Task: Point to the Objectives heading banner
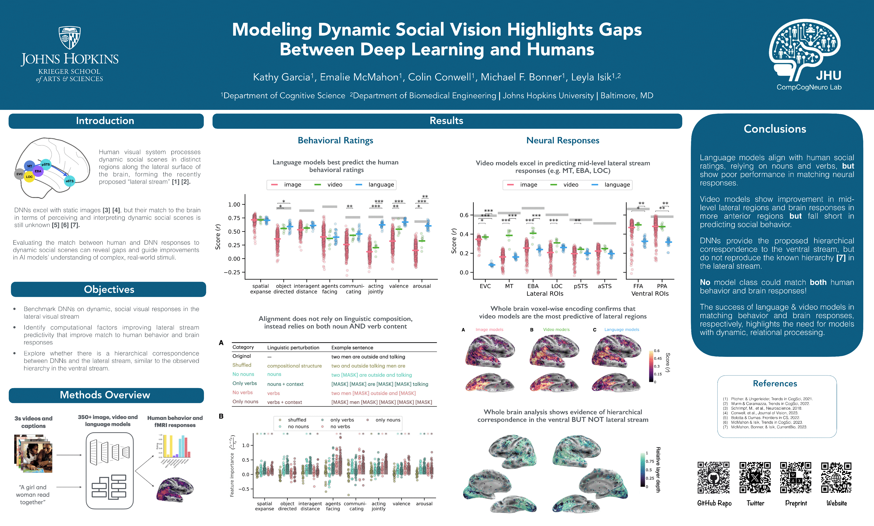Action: click(x=109, y=290)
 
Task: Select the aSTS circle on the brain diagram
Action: click(x=70, y=181)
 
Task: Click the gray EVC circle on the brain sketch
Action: click(x=20, y=174)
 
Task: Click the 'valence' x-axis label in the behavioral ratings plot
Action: click(x=399, y=286)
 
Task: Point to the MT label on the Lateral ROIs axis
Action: click(x=509, y=286)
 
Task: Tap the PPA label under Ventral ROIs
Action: click(x=662, y=286)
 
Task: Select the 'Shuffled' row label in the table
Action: click(x=242, y=365)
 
